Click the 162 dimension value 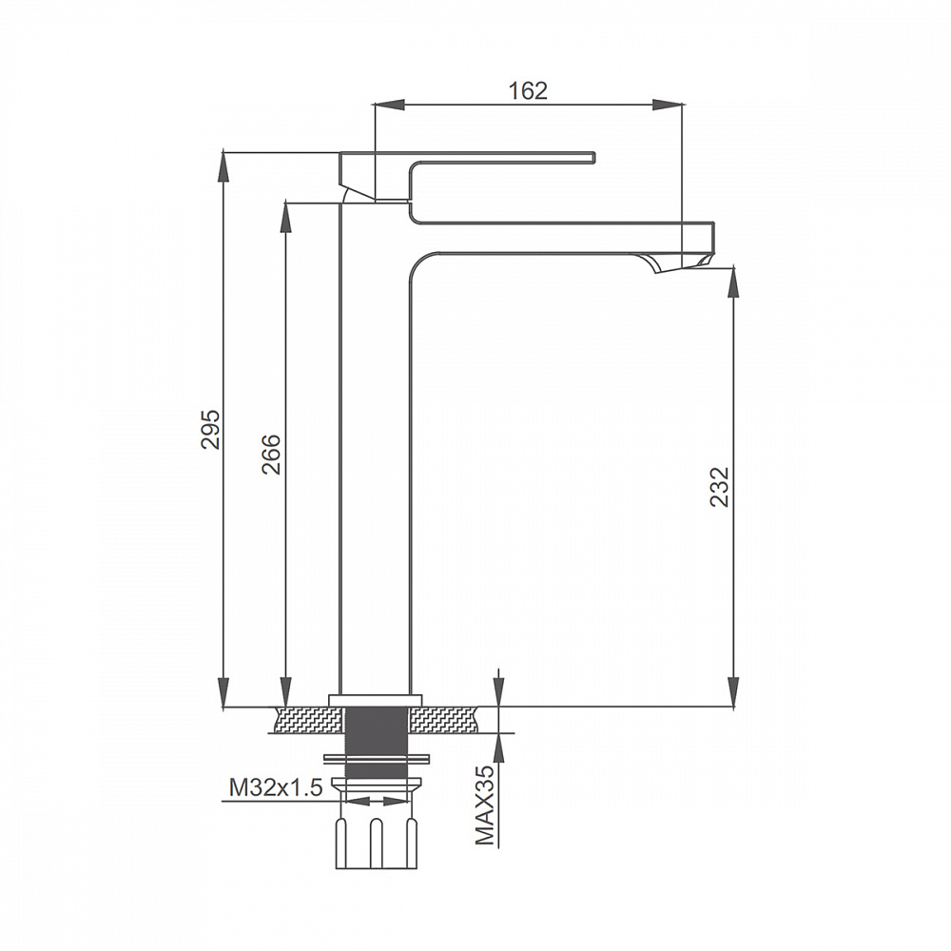527,90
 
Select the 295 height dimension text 210,430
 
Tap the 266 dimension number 271,455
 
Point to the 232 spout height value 719,486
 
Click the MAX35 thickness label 485,805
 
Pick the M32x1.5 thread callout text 276,787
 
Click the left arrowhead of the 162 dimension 389,105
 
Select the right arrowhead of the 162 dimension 667,105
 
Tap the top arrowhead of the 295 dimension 223,166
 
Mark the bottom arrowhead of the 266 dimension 285,690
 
